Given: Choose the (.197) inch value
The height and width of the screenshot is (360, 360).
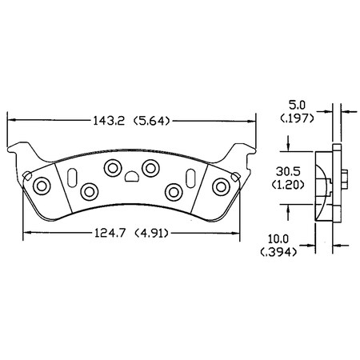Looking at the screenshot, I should [297, 119].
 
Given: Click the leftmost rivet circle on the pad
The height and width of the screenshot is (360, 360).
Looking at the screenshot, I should [42, 186].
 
